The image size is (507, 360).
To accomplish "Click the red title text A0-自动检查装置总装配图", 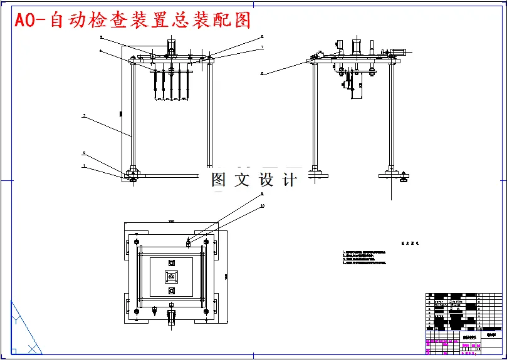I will tap(132, 20).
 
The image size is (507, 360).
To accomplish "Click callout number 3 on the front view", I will tap(84, 115).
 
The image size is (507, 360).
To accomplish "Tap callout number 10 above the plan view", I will tap(263, 205).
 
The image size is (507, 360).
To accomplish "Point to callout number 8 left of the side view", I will tap(262, 73).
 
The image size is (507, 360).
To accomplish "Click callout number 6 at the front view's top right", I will tap(262, 37).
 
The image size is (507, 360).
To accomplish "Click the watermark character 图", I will tap(219, 180).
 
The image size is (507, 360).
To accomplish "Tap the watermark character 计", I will tap(290, 180).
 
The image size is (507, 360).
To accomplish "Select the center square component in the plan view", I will tap(171, 276).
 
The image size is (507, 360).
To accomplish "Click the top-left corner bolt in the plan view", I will tap(135, 242).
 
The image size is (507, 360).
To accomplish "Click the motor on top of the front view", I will tap(171, 48).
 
